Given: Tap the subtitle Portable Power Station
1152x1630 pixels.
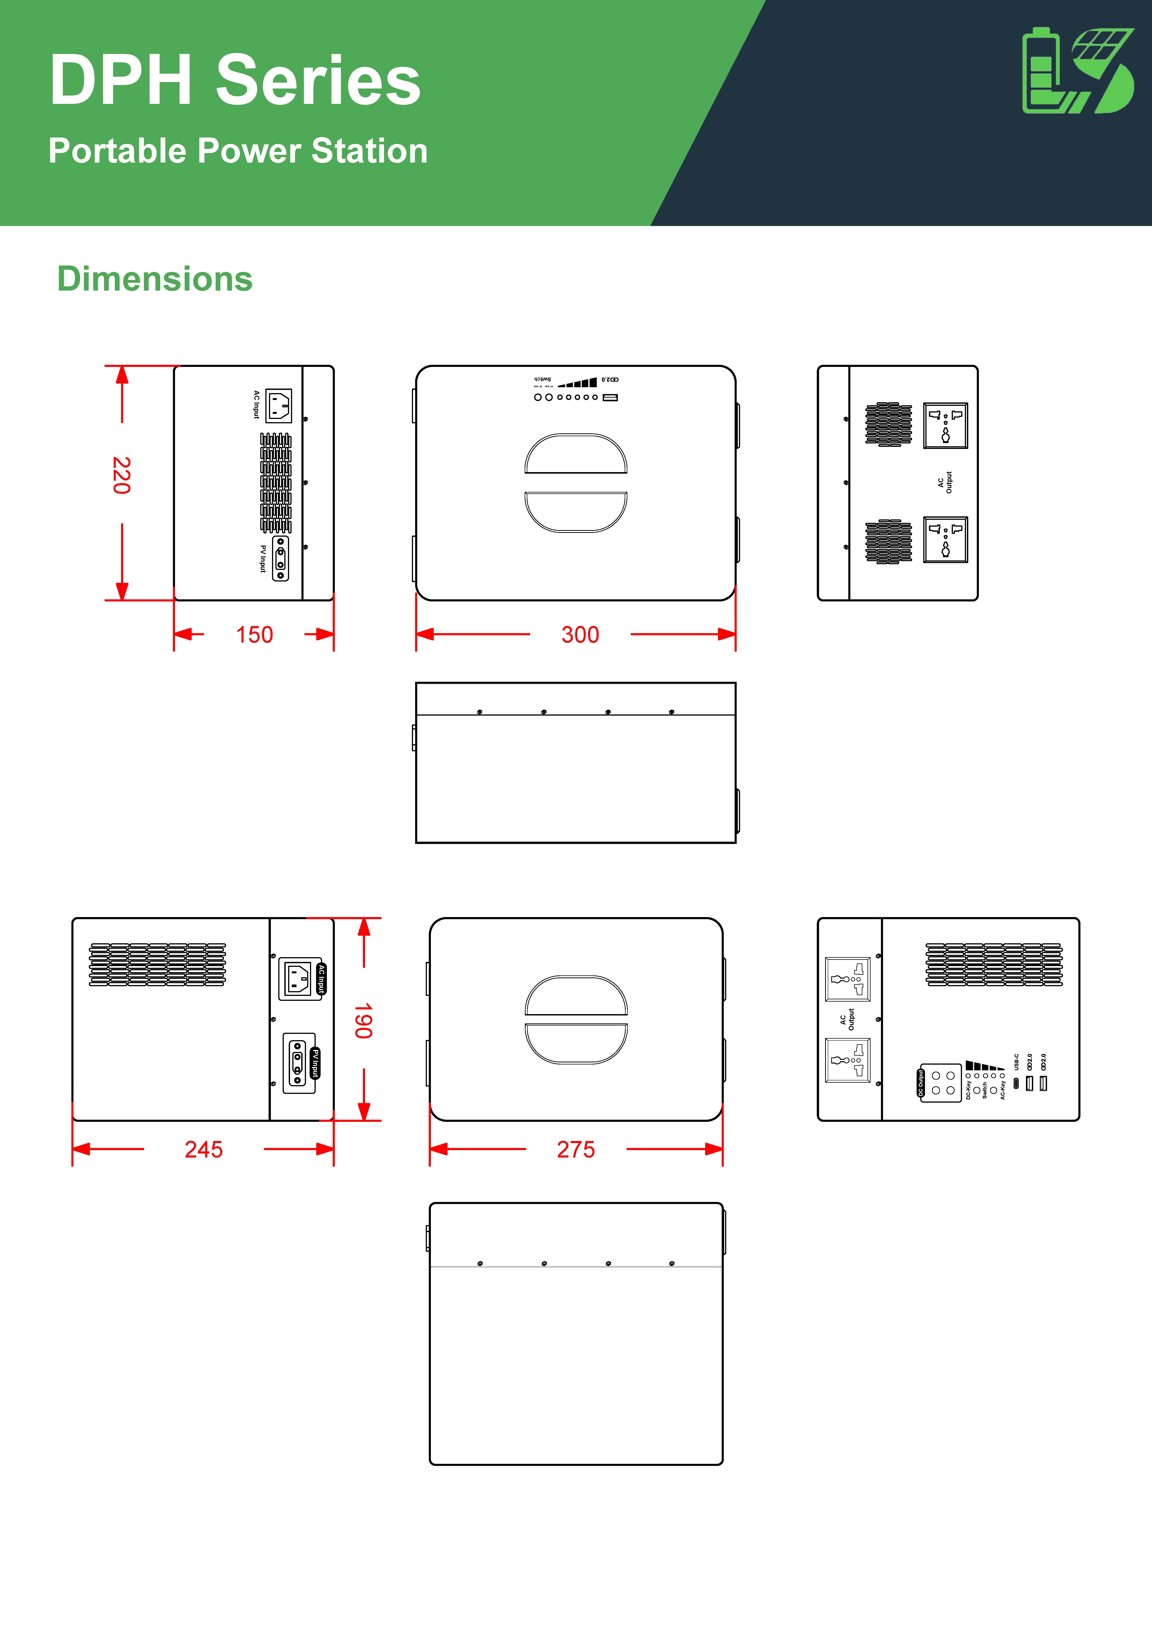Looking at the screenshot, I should pyautogui.click(x=238, y=151).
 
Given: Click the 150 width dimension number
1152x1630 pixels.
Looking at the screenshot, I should pyautogui.click(x=254, y=635).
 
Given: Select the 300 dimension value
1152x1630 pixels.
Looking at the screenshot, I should pyautogui.click(x=580, y=635).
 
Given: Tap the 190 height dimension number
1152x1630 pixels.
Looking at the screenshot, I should pyautogui.click(x=363, y=1021).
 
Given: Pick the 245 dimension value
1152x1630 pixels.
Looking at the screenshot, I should pyautogui.click(x=204, y=1149).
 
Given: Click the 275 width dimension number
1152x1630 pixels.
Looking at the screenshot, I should pyautogui.click(x=576, y=1149).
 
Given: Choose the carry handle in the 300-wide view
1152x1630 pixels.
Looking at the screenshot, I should pyautogui.click(x=576, y=483).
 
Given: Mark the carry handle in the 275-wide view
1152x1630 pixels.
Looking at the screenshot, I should pyautogui.click(x=576, y=1019).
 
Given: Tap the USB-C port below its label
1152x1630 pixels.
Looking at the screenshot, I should pyautogui.click(x=1016, y=1083).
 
